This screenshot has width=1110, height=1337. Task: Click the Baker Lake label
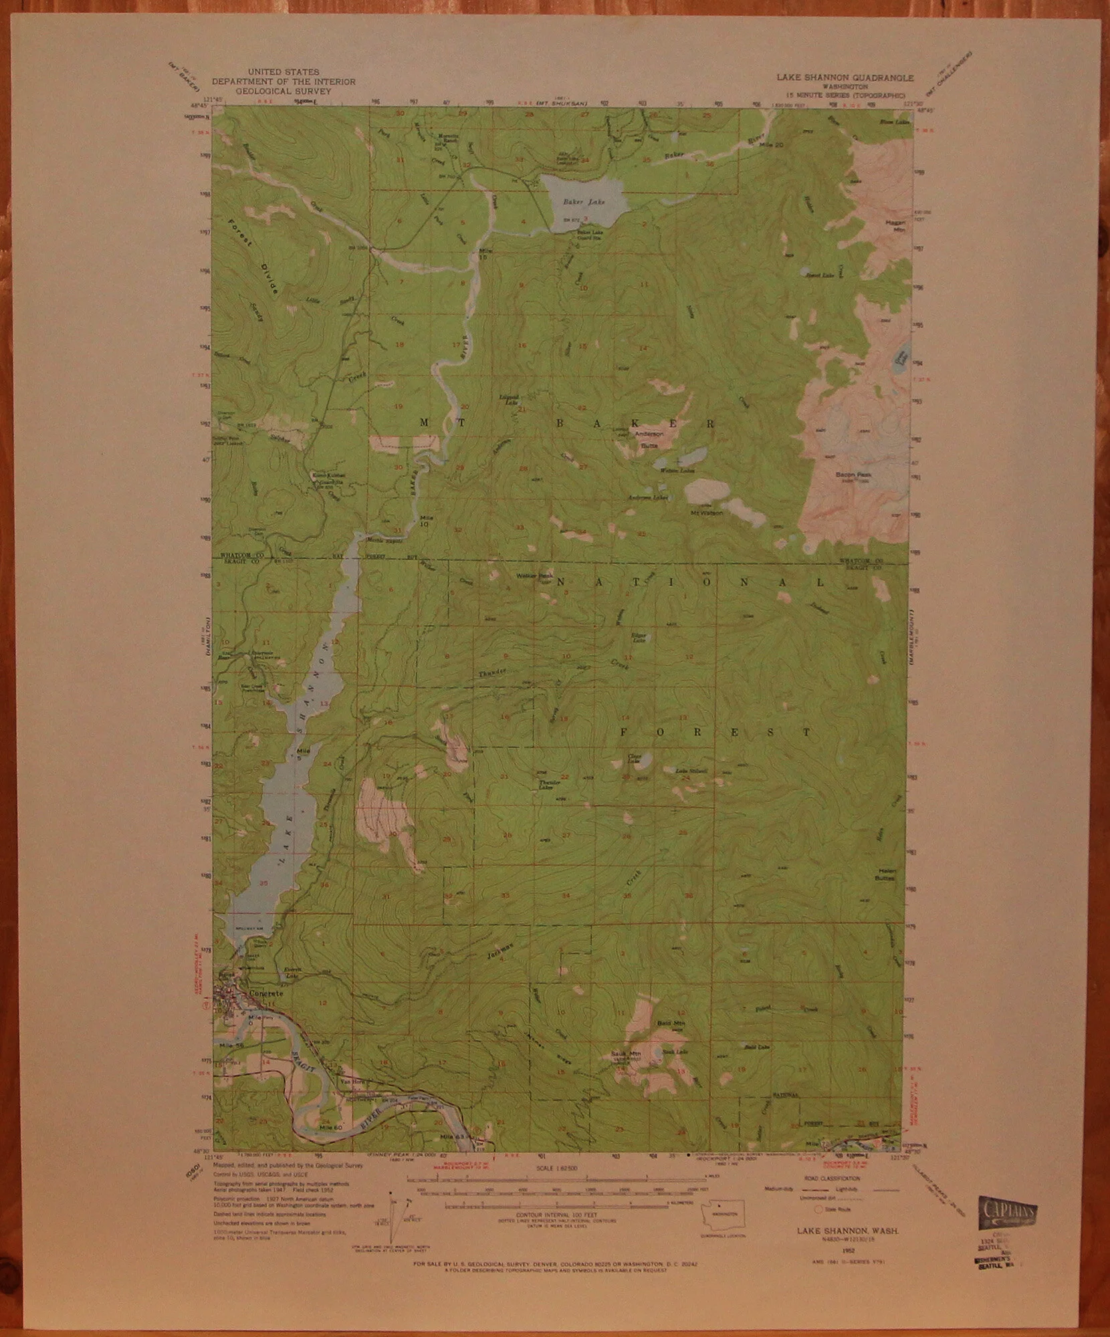coord(578,201)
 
